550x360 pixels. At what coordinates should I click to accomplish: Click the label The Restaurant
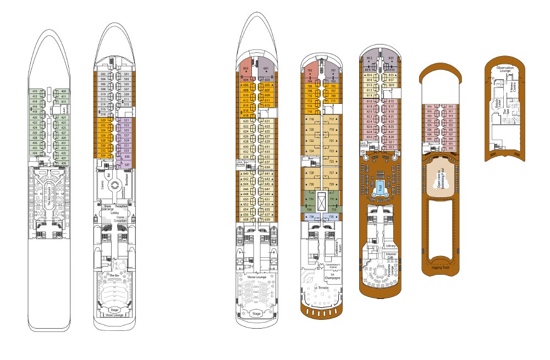coord(48,195)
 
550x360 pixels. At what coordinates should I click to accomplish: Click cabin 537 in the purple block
coord(127,165)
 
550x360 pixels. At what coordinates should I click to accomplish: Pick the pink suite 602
coord(245,69)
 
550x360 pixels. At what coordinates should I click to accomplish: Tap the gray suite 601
coord(266,69)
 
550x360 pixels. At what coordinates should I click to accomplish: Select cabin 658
coord(246,219)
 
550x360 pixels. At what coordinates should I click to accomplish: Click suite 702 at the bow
coord(309,71)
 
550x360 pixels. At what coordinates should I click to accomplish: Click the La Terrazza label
coord(321,288)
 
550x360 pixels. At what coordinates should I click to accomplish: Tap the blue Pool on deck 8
coord(380,187)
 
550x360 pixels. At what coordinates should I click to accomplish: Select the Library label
coord(391,246)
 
